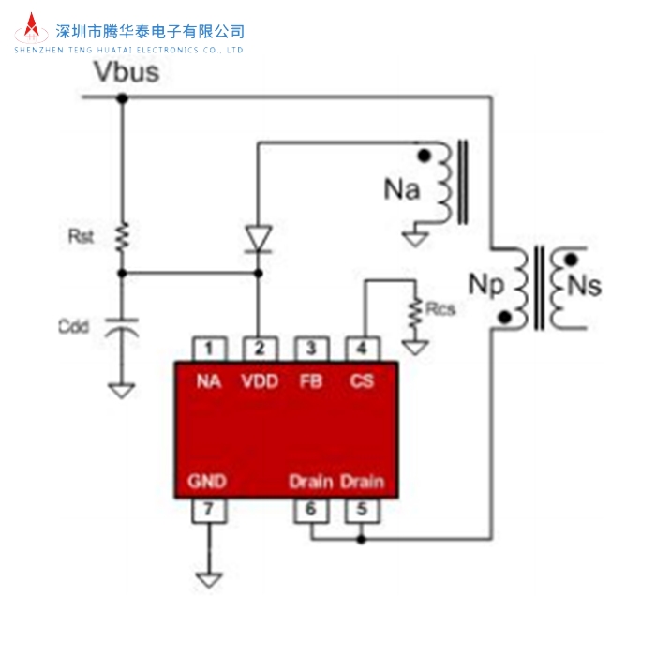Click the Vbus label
point(127,72)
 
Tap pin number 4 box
point(361,349)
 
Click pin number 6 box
point(310,511)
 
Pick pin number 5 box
point(361,511)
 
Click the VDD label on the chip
point(259,381)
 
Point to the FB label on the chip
point(310,381)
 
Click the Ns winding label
point(585,286)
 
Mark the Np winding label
point(485,283)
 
